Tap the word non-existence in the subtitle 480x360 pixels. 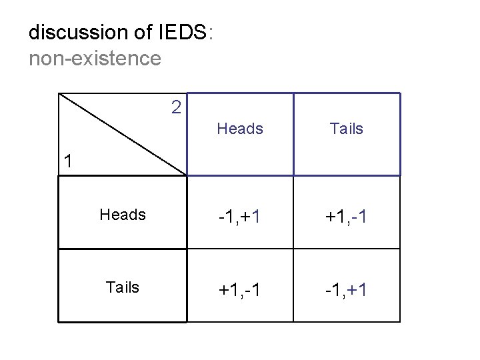point(95,59)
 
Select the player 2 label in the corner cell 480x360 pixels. point(175,107)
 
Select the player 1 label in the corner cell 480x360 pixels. point(68,161)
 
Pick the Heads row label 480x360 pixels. point(122,215)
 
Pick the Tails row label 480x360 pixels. point(123,287)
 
